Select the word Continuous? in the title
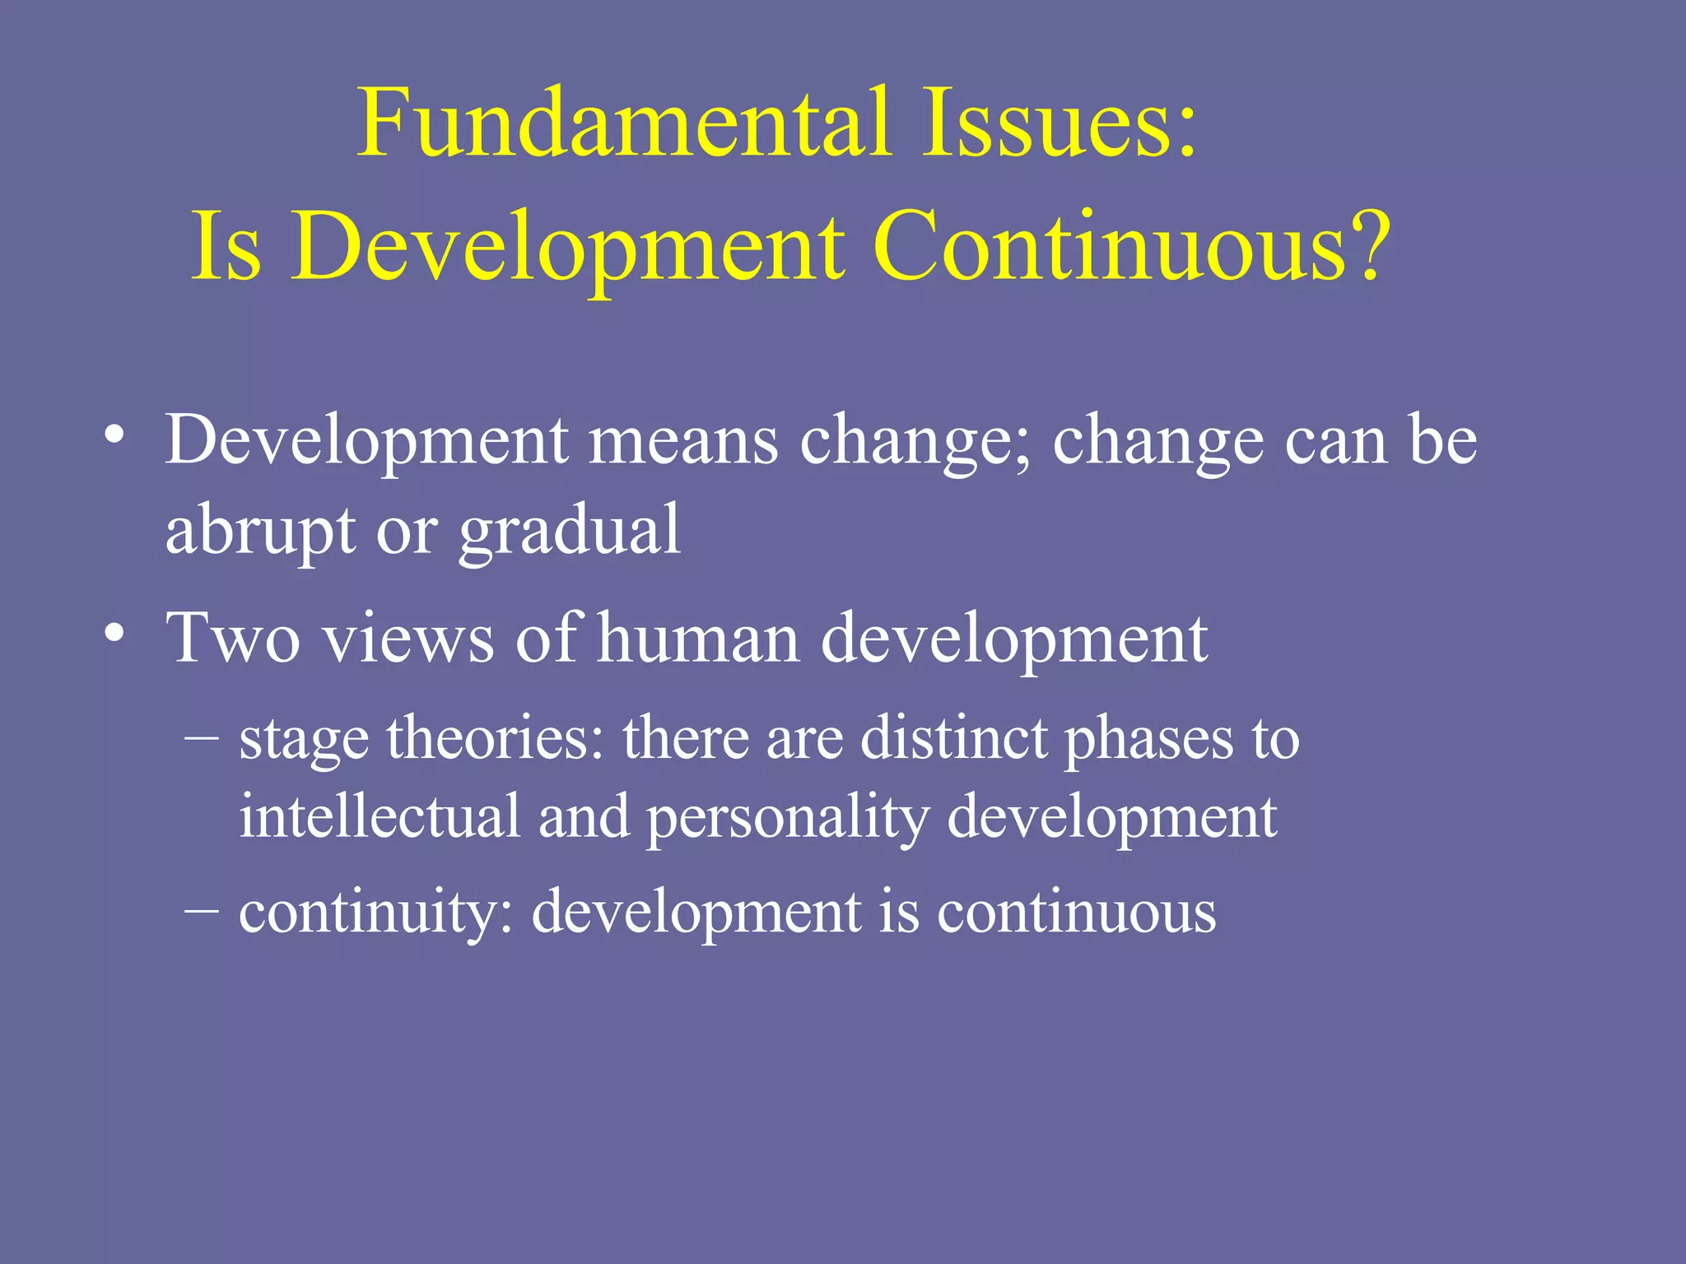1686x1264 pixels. (1131, 247)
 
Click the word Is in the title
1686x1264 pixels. (226, 247)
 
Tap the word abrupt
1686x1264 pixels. (260, 531)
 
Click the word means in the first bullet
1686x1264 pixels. (683, 442)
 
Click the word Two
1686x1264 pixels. (233, 639)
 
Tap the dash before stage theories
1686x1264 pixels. (202, 737)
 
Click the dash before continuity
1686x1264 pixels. (202, 911)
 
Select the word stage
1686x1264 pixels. (304, 739)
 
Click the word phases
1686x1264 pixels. (1149, 739)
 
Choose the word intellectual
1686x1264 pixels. (380, 816)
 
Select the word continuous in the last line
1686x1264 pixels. (1076, 913)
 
